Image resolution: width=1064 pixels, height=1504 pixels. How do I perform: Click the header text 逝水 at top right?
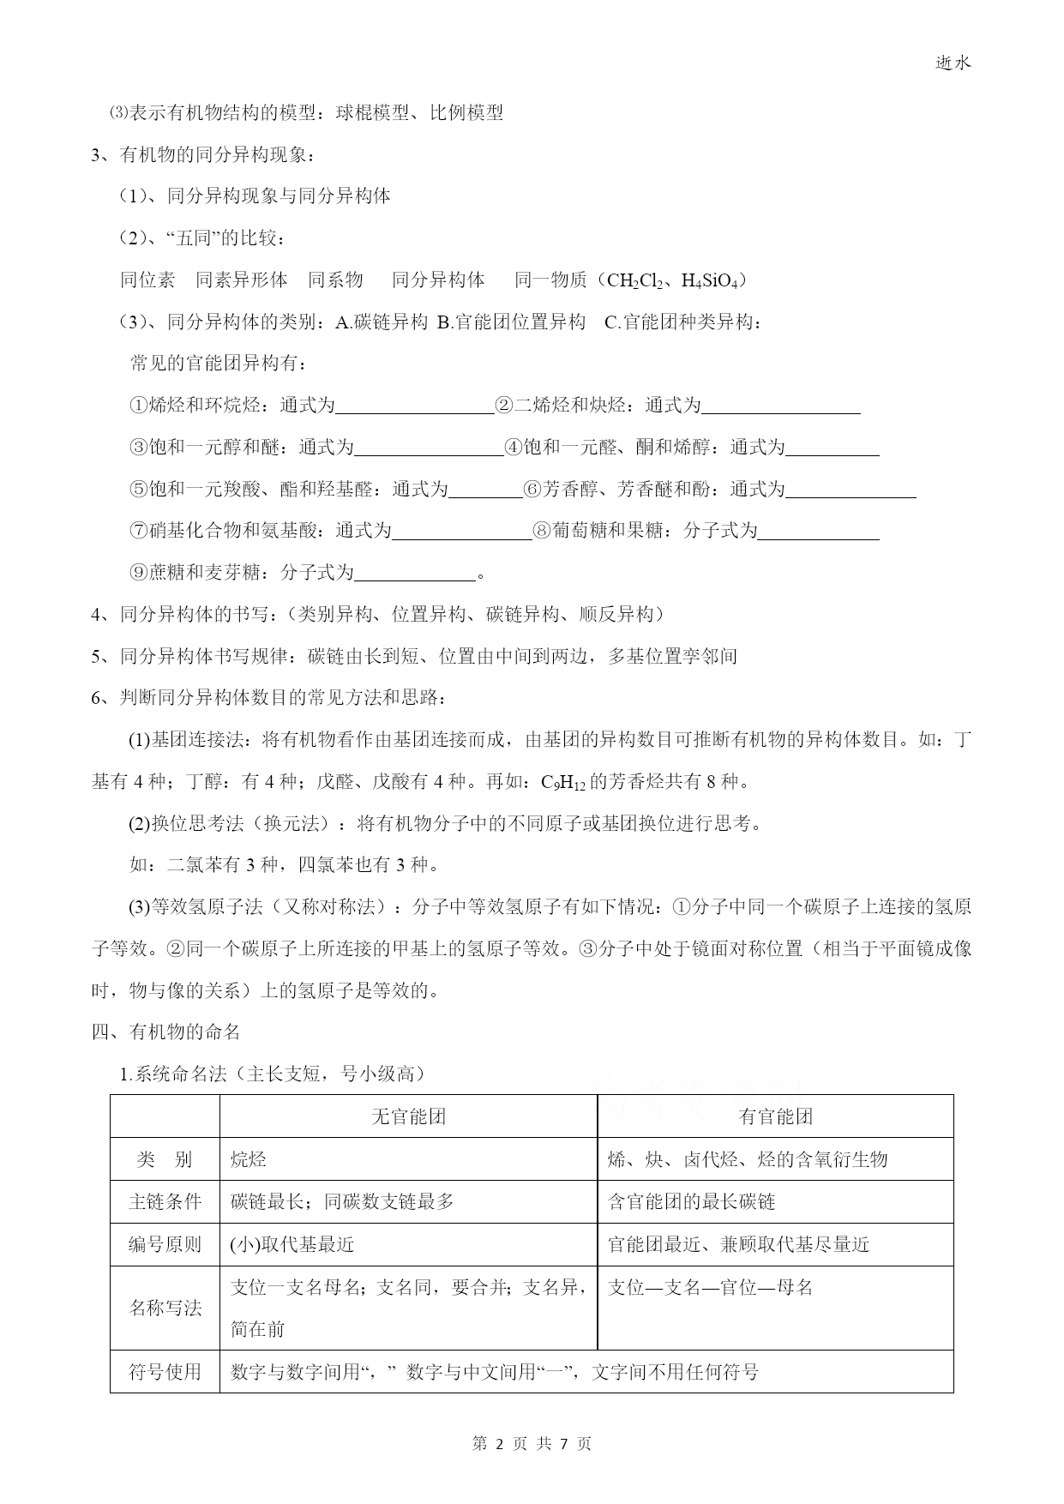(953, 63)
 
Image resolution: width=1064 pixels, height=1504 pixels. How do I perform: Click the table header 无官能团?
(409, 1116)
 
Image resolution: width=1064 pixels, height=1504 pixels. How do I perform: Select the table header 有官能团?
(775, 1116)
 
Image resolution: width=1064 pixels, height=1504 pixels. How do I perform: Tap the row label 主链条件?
(165, 1201)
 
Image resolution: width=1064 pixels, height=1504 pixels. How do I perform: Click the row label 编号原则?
(165, 1244)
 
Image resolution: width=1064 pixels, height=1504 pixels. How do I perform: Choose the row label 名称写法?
(165, 1308)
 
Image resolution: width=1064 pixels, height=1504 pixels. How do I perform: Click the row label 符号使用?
(165, 1372)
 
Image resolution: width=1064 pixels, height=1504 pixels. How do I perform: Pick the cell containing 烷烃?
(249, 1159)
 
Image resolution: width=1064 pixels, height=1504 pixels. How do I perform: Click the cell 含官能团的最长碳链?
(691, 1201)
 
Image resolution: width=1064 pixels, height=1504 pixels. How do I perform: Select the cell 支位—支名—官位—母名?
(710, 1287)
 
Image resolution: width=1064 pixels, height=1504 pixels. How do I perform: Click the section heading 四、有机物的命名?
(165, 1032)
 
